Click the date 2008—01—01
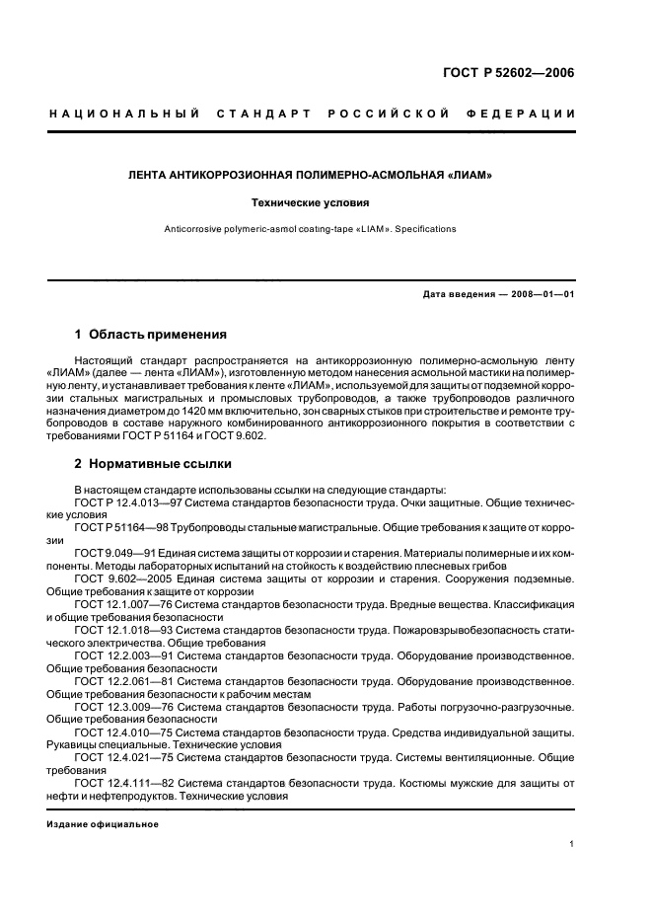coord(541,294)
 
